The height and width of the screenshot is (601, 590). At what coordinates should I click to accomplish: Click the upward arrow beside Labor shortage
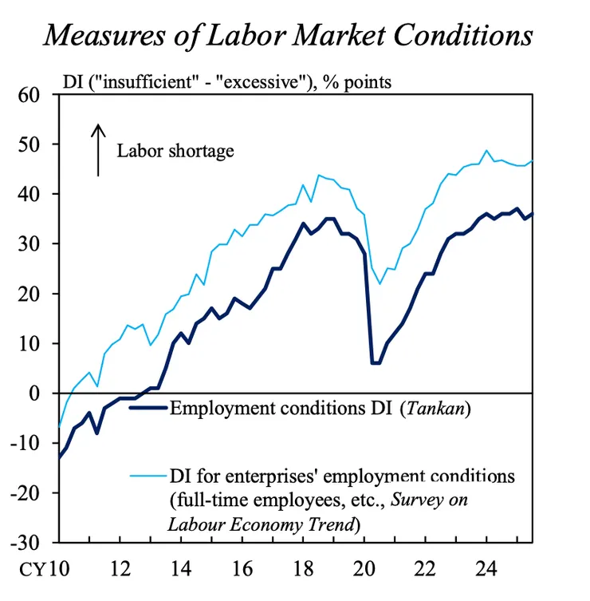(x=97, y=149)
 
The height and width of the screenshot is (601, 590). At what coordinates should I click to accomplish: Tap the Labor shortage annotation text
(x=175, y=150)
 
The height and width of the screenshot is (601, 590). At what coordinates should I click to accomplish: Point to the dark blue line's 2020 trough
(x=376, y=363)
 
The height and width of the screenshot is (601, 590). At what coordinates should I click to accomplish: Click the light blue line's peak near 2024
(x=486, y=150)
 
